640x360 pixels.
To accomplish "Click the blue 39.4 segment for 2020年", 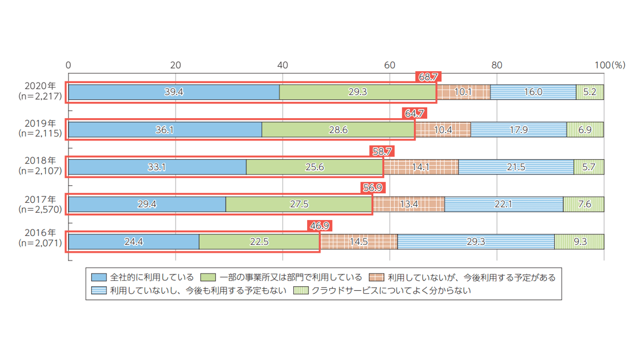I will pos(174,92).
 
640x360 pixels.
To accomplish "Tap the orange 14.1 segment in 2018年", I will pos(420,167).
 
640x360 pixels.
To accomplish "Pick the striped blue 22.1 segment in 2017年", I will pos(504,204).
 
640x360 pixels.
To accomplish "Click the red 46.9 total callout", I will pos(320,226).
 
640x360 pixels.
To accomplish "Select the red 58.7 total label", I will pos(382,152).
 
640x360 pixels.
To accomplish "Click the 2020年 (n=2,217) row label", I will pos(39,92).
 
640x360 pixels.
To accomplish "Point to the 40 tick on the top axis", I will pos(282,65).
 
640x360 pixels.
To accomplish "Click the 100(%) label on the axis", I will pos(610,65).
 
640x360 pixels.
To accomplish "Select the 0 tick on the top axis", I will pos(68,65).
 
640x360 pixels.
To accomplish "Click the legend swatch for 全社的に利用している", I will pos(99,278).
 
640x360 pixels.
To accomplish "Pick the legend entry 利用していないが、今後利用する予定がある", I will pos(471,278).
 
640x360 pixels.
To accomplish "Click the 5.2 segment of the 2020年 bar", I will pos(590,92).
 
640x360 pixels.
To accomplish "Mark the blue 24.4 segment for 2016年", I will pos(134,241).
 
